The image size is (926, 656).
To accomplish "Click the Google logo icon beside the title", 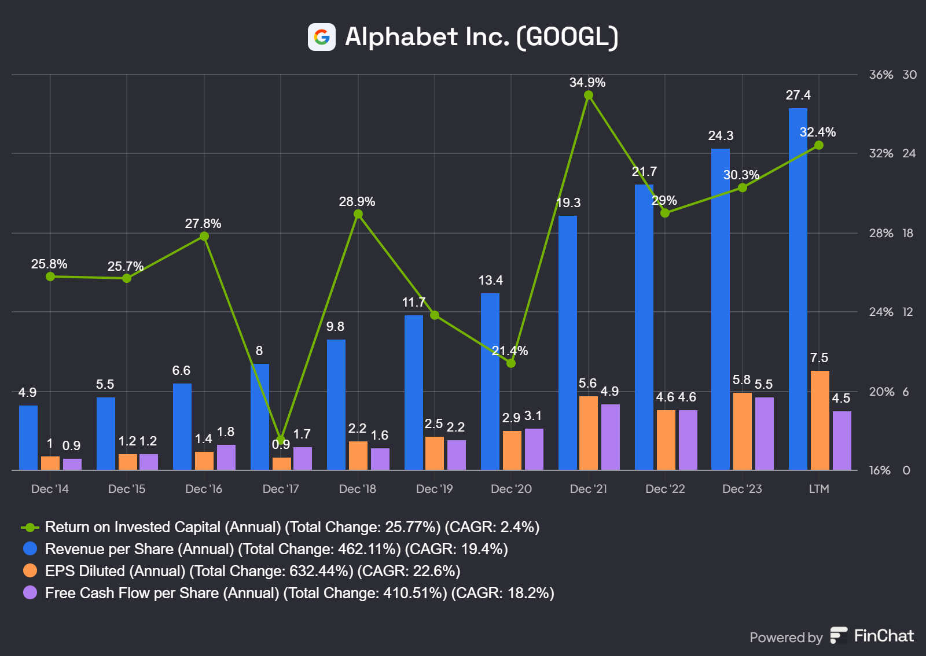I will (x=321, y=37).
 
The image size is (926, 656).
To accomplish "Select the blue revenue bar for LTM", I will (x=798, y=289).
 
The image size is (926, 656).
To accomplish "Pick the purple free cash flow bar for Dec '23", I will (x=765, y=433).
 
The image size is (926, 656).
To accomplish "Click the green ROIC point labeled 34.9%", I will (x=589, y=95).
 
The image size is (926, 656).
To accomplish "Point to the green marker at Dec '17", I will (x=281, y=440).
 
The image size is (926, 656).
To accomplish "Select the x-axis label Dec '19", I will (x=434, y=489).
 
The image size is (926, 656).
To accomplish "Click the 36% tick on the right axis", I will (x=881, y=75).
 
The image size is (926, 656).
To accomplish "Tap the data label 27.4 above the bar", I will (x=798, y=95).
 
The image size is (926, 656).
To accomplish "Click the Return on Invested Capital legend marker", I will (x=30, y=528).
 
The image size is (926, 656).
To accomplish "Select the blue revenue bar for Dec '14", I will (x=28, y=437).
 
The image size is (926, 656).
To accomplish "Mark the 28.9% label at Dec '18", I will (x=357, y=201).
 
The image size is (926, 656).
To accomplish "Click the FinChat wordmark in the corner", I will (x=883, y=636).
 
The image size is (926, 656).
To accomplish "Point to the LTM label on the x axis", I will (x=819, y=489).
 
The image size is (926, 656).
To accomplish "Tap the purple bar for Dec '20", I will (x=534, y=449).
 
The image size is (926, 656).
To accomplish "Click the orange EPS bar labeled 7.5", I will (x=820, y=420).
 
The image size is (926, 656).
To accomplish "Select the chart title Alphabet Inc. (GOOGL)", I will (x=482, y=37).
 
